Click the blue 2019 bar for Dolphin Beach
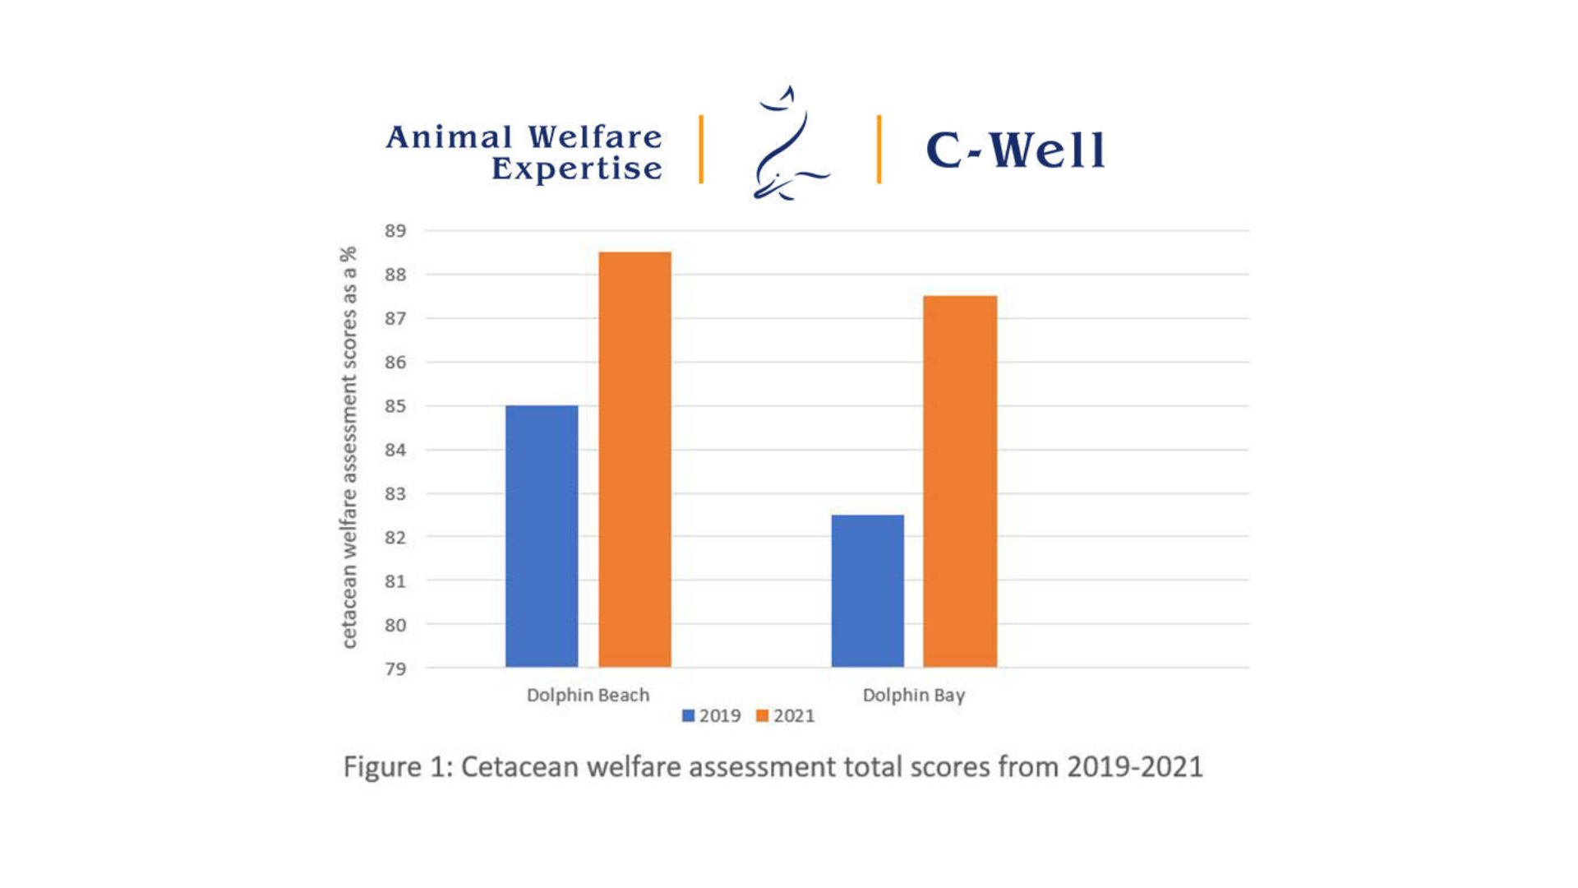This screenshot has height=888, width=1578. [x=542, y=536]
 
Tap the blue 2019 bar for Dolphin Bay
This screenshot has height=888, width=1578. [x=867, y=590]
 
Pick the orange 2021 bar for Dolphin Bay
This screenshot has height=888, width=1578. [x=960, y=481]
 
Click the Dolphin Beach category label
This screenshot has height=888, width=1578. [x=588, y=696]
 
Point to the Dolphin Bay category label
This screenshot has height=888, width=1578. [x=913, y=696]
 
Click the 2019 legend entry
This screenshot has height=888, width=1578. [x=712, y=716]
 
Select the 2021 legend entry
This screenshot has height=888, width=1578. [x=786, y=716]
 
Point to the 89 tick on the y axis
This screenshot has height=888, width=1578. [x=395, y=231]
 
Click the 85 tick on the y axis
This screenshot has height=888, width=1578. [x=395, y=406]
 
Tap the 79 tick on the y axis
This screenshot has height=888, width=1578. [x=395, y=669]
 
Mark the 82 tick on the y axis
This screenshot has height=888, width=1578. [x=395, y=538]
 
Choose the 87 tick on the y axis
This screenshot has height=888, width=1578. [x=395, y=318]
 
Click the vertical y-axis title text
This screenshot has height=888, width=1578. [x=349, y=447]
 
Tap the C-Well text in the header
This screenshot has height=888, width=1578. [x=1015, y=150]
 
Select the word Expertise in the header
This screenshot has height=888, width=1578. [x=576, y=169]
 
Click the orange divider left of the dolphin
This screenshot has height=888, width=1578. [x=701, y=149]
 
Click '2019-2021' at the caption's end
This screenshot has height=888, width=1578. [x=1134, y=767]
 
